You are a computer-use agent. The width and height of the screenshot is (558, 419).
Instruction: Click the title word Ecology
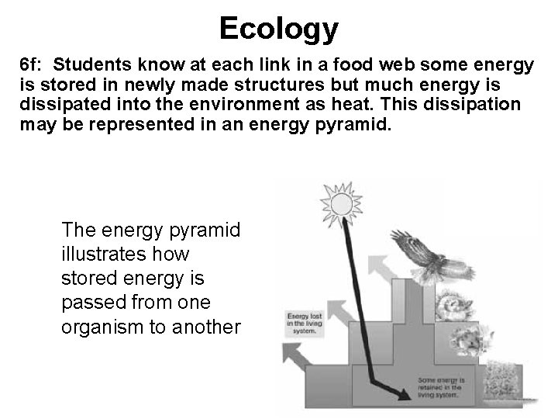click(x=279, y=29)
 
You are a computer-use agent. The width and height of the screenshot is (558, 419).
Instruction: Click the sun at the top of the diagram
click(x=337, y=203)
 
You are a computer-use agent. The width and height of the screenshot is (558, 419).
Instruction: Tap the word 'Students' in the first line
click(x=91, y=65)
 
